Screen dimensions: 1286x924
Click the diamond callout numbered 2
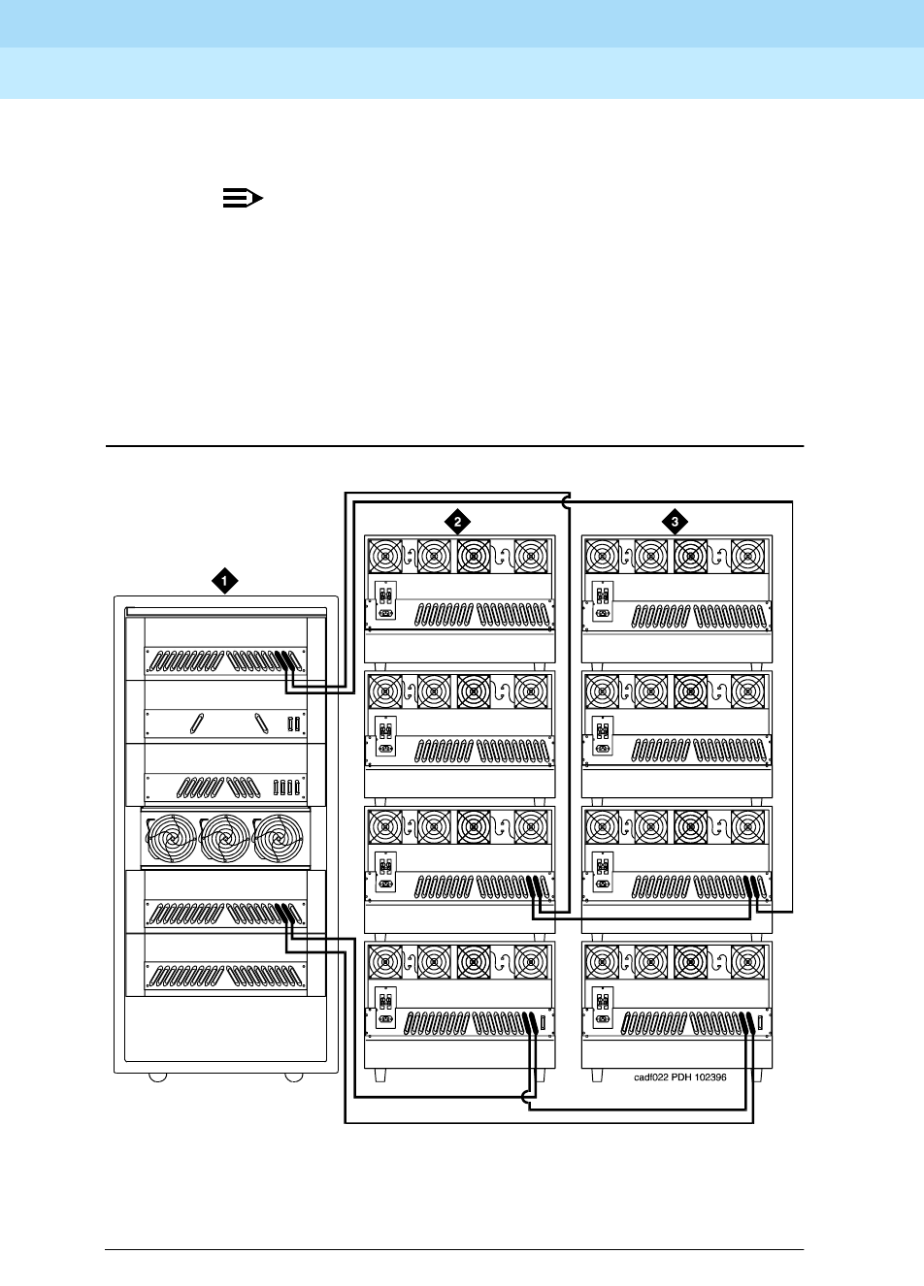pyautogui.click(x=456, y=521)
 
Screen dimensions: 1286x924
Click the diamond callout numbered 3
pyautogui.click(x=676, y=521)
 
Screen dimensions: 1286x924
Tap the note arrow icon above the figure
pyautogui.click(x=243, y=199)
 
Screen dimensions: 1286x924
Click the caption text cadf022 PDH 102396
pyautogui.click(x=674, y=1077)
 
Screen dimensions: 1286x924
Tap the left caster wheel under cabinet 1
pyautogui.click(x=155, y=1077)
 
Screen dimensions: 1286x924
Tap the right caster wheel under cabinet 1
pyautogui.click(x=294, y=1077)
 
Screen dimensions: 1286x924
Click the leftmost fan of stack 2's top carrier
pyautogui.click(x=386, y=557)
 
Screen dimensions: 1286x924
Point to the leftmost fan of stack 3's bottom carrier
pyautogui.click(x=604, y=963)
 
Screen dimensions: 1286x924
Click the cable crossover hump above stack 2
pyautogui.click(x=566, y=501)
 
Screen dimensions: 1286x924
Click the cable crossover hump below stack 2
pyautogui.click(x=527, y=1099)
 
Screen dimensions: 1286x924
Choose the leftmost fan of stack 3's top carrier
pyautogui.click(x=604, y=557)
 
